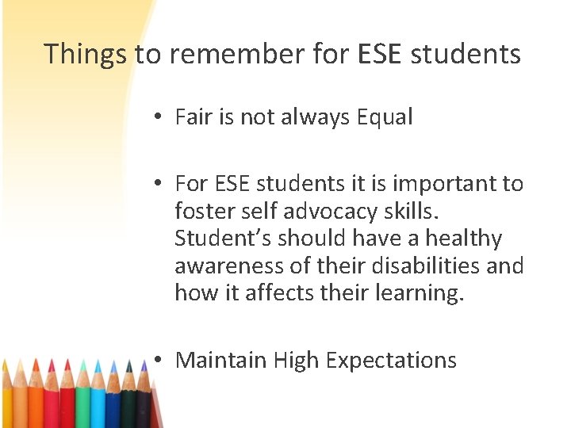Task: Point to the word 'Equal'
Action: point(385,117)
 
